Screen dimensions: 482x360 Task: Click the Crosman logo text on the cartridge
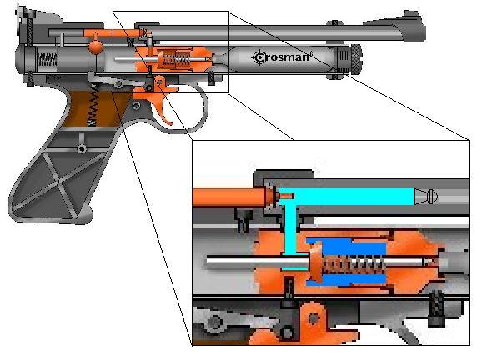(x=281, y=57)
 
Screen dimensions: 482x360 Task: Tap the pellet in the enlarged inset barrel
(x=426, y=196)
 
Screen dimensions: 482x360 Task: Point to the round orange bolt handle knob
(x=96, y=47)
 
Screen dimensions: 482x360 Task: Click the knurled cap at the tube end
(x=356, y=58)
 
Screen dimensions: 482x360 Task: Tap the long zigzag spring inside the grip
(x=93, y=105)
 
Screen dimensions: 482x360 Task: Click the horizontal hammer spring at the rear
(x=47, y=59)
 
